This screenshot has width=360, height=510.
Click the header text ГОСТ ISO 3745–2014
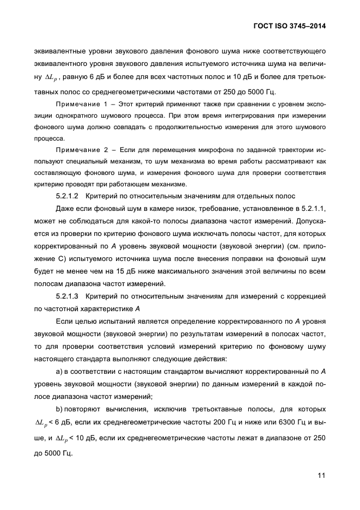tap(294, 26)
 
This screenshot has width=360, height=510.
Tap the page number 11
tap(321, 475)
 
